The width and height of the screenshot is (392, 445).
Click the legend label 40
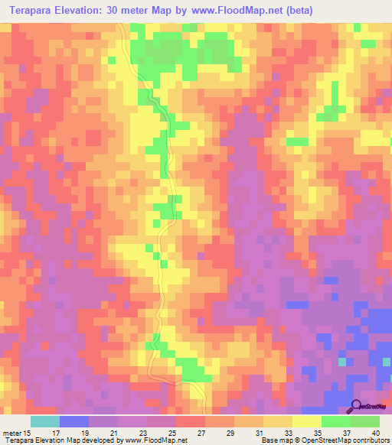pos(375,433)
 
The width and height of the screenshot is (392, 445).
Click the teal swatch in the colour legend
pos(44,421)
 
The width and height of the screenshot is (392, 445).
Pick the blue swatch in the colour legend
pos(73,421)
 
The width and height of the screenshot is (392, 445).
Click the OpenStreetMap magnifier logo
pos(358,406)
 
